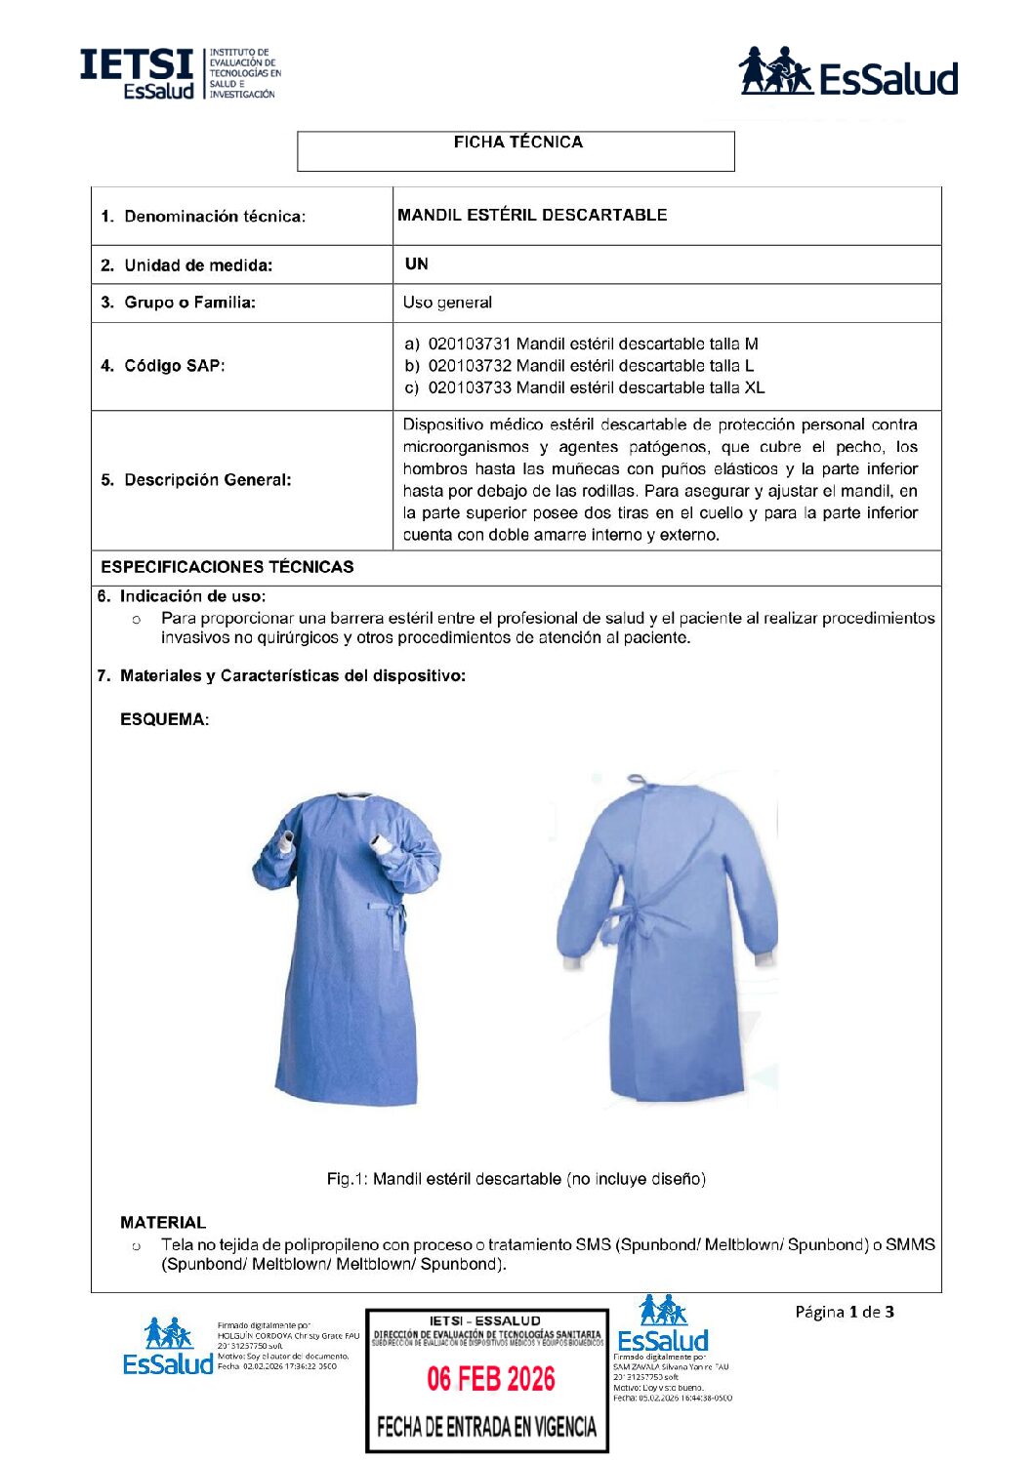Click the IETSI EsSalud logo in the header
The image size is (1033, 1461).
pos(181,73)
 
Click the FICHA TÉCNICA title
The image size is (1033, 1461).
pos(517,142)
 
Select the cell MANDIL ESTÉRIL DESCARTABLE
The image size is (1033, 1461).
pos(532,215)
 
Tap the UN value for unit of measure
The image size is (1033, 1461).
pos(417,264)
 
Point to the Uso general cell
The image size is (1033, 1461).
pos(447,303)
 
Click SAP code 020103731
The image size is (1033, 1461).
pos(470,344)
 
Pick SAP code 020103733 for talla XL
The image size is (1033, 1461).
pos(470,387)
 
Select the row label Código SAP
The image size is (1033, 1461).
pos(162,366)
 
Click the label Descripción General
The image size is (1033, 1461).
pos(196,480)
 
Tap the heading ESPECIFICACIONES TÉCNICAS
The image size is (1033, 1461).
pos(227,567)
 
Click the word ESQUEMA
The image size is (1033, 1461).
pos(163,719)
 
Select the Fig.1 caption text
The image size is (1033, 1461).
pos(516,1179)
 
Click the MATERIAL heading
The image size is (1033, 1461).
pos(163,1222)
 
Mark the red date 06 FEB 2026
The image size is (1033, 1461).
pos(490,1379)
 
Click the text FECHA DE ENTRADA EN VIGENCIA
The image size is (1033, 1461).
pos(486,1427)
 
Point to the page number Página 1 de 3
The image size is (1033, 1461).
pos(844,1312)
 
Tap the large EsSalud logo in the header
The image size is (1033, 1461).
pos(848,73)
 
